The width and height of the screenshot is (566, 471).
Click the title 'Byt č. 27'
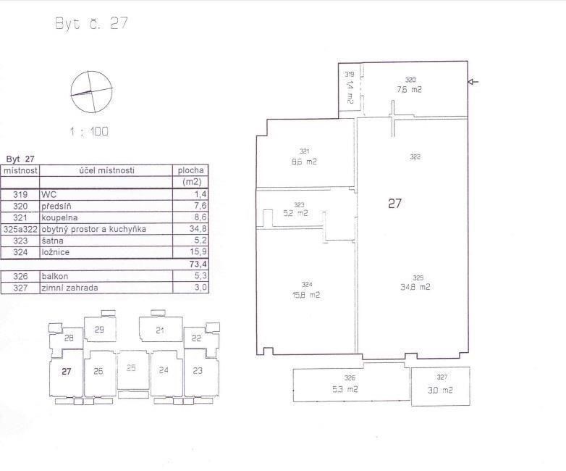coord(92,23)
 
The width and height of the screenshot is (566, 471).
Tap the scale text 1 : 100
coord(89,132)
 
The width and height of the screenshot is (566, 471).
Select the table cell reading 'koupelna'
coord(59,217)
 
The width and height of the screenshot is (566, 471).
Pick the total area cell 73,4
coord(198,264)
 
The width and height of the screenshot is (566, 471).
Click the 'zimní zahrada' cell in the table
coord(69,288)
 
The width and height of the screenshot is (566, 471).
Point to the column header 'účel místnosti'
coord(107,170)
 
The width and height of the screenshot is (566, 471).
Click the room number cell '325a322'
coord(20,229)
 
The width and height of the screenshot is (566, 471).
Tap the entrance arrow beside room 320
coord(473,82)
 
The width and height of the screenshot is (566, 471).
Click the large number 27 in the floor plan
coord(394,204)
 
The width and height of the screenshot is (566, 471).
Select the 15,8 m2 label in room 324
coord(306,295)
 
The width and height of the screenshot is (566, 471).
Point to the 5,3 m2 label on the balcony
coord(345,389)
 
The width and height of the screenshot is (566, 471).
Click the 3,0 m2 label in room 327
coord(440,390)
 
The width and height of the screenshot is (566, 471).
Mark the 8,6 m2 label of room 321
coord(304,162)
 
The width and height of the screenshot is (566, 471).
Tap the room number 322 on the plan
coord(415,157)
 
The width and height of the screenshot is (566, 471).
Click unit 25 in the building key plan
coord(131,368)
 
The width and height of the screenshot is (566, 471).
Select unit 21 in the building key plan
coord(160,330)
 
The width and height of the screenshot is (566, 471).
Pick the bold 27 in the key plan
coord(67,371)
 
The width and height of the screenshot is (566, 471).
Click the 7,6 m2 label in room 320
coord(409,89)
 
